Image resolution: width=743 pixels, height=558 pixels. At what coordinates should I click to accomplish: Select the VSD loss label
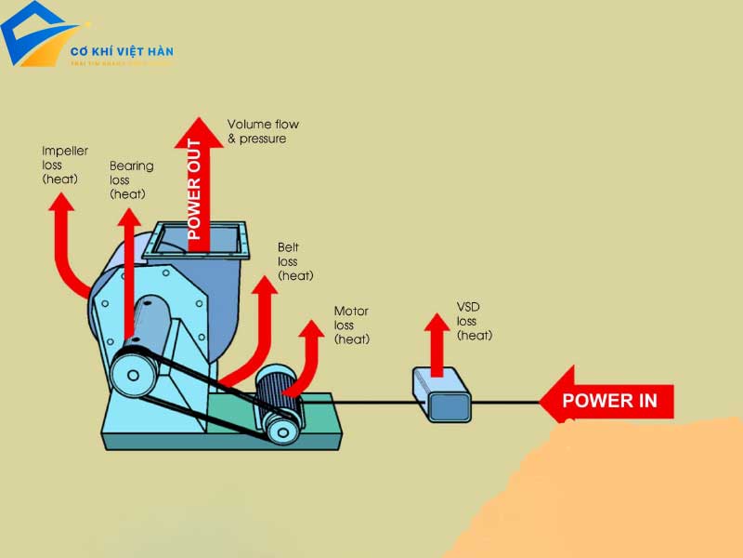tap(474, 321)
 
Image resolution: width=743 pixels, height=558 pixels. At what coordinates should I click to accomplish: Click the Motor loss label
tap(352, 325)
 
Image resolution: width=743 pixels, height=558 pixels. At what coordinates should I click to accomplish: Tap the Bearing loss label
tap(131, 180)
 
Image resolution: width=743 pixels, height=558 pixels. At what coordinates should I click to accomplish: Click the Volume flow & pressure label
tap(263, 131)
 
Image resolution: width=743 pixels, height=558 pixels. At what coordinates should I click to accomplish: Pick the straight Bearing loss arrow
tap(128, 270)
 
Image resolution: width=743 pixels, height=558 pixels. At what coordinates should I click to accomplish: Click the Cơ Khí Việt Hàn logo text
tap(122, 52)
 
